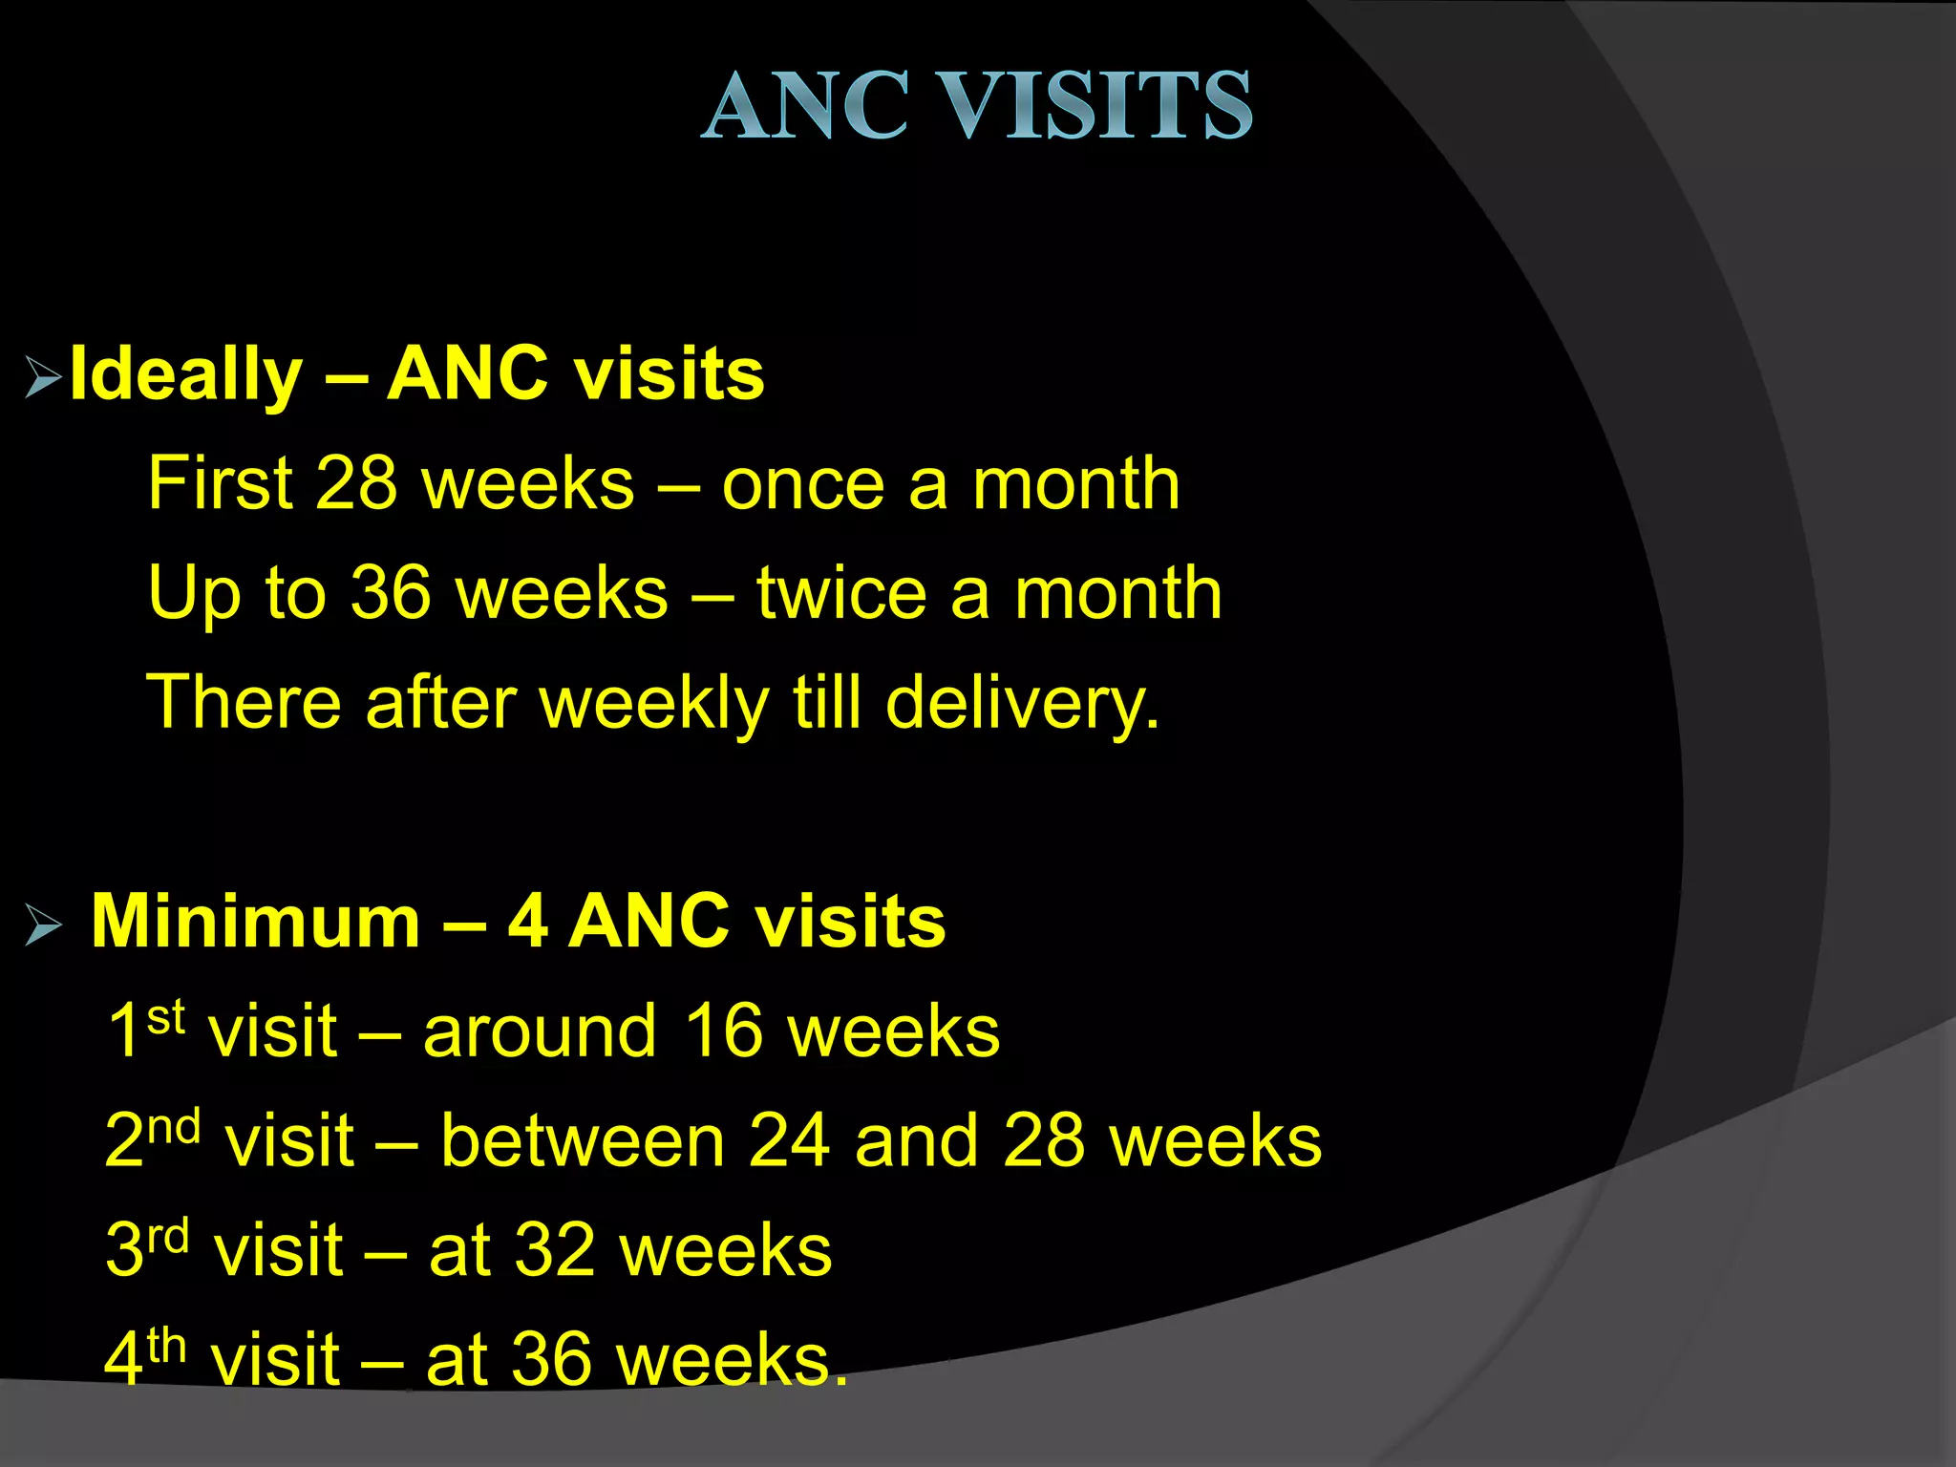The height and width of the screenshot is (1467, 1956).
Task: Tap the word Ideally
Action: (x=186, y=375)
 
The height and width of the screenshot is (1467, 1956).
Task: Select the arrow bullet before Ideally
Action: (x=43, y=377)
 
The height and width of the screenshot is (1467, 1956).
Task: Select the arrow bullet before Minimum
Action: (x=43, y=925)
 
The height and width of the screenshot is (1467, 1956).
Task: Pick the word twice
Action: (x=841, y=594)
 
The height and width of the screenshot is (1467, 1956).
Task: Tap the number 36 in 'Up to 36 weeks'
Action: (x=391, y=594)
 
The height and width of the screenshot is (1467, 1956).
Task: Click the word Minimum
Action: (x=256, y=923)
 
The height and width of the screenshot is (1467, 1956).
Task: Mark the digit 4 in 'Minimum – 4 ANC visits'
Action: (x=527, y=923)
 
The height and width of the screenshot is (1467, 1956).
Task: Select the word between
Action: (x=583, y=1141)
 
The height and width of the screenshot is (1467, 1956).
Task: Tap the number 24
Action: (x=789, y=1141)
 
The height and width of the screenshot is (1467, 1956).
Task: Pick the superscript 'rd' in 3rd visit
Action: (x=169, y=1237)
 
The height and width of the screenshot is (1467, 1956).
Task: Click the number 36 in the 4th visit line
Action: (x=551, y=1359)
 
